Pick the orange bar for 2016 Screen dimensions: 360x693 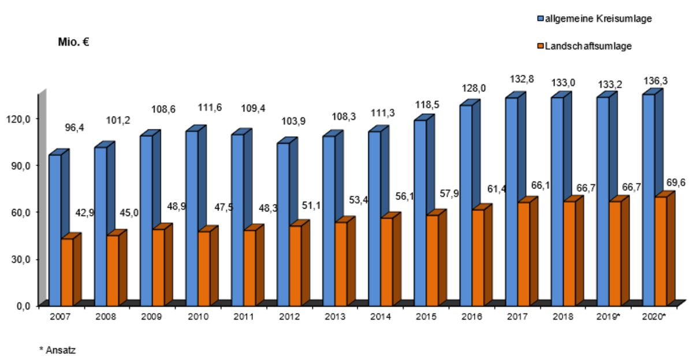pos(478,257)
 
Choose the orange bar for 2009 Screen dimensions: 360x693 pos(158,266)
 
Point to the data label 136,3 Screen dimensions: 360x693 pos(656,81)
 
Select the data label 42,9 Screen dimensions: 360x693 pos(85,213)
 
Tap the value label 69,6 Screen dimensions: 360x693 pos(676,183)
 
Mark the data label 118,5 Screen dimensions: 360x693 pos(427,106)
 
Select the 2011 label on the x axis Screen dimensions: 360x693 pos(243,317)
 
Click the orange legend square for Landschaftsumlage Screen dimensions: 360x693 pos(541,46)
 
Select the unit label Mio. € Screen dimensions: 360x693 pos(73,42)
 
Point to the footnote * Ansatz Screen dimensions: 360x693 pos(58,350)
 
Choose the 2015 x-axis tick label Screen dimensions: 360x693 pos(426,317)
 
